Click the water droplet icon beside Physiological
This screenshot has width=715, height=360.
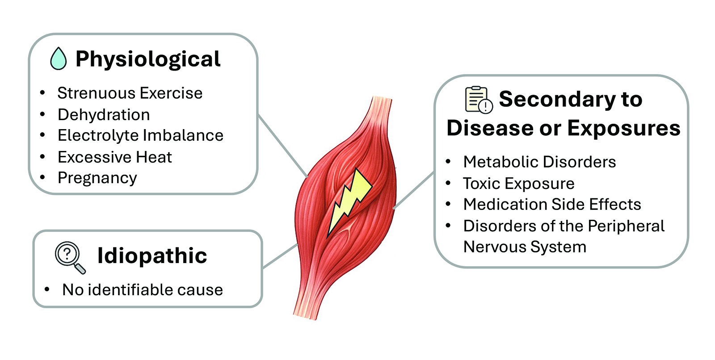coord(59,59)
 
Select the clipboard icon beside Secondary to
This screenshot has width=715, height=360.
coord(479,99)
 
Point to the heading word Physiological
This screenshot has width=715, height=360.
coord(148,59)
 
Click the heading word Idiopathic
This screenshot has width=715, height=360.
coord(152,256)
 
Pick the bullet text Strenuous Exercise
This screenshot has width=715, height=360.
coord(130,93)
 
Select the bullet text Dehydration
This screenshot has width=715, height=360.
coord(104,115)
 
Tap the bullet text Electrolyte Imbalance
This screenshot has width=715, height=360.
coord(140,135)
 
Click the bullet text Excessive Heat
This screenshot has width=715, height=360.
coord(115,157)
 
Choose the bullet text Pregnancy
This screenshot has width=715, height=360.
coord(97,178)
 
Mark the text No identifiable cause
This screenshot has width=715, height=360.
coord(143,290)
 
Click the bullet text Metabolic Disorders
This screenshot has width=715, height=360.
coord(539,162)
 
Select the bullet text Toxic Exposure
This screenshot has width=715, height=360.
coord(519,183)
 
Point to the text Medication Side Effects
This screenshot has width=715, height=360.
coord(552,204)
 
